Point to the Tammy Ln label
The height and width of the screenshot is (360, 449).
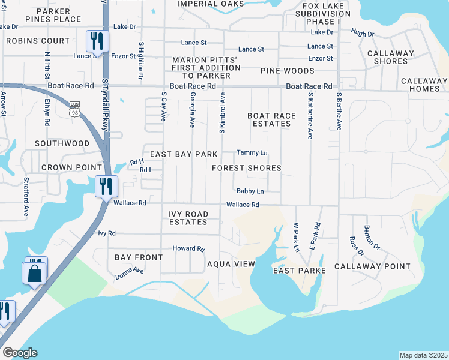[252, 153]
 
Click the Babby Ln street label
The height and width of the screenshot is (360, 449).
[250, 191]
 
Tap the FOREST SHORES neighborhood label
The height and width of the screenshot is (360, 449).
[246, 168]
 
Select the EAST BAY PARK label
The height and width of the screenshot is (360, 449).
[183, 154]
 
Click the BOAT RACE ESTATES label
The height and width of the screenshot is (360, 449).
[269, 119]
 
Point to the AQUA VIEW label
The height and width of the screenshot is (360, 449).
[231, 264]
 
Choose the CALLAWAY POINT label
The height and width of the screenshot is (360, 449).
[372, 266]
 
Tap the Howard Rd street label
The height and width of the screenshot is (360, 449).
[188, 248]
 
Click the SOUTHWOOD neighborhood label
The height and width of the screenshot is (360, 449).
[62, 144]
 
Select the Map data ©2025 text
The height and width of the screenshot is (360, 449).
[423, 355]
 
